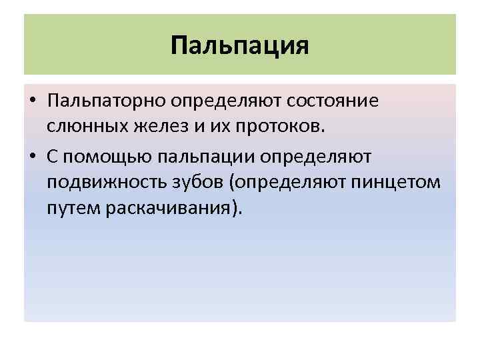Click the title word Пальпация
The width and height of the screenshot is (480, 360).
[240, 46]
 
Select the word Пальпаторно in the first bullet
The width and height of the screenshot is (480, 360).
[107, 101]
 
